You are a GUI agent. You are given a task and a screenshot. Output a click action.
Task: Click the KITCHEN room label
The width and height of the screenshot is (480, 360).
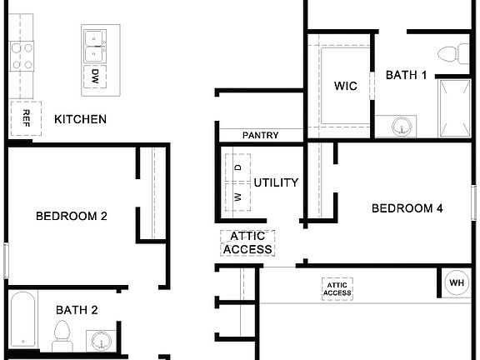pyautogui.click(x=80, y=119)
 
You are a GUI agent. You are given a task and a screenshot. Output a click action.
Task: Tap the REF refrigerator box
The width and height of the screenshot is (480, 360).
pyautogui.click(x=26, y=117)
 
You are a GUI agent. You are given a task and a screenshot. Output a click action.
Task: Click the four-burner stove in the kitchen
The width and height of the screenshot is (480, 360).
pyautogui.click(x=22, y=56)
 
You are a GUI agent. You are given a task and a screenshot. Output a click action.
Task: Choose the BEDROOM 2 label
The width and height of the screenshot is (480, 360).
pyautogui.click(x=72, y=216)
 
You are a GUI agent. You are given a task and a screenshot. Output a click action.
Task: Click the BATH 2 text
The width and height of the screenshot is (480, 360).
pyautogui.click(x=77, y=310)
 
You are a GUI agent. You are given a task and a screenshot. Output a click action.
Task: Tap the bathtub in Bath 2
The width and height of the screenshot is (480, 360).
pyautogui.click(x=23, y=320)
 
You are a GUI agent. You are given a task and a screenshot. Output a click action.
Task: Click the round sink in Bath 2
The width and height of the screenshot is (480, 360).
pyautogui.click(x=102, y=341)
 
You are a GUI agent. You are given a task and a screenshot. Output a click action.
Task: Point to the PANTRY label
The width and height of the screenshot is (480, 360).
pyautogui.click(x=260, y=135)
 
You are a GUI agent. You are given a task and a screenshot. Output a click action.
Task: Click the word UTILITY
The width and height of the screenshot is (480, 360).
pyautogui.click(x=276, y=182)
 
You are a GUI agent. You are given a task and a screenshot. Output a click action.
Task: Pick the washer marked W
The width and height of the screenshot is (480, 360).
pyautogui.click(x=237, y=197)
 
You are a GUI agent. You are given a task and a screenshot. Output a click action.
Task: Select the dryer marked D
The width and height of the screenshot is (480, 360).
pyautogui.click(x=237, y=167)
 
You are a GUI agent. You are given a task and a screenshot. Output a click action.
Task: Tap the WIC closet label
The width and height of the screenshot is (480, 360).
pyautogui.click(x=346, y=86)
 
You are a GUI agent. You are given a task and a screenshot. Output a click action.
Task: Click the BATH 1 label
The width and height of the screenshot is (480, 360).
pyautogui.click(x=406, y=75)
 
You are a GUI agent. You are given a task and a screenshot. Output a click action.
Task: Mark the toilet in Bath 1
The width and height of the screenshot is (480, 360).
pyautogui.click(x=451, y=53)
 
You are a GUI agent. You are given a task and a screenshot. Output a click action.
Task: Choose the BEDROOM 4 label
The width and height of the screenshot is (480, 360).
pyautogui.click(x=407, y=208)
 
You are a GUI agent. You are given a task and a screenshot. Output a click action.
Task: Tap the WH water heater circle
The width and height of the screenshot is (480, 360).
pyautogui.click(x=457, y=282)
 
